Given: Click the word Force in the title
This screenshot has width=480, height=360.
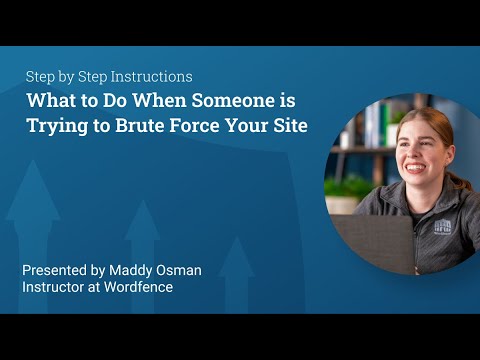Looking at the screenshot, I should coord(178,127).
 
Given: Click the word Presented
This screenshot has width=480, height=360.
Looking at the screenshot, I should coord(58,270).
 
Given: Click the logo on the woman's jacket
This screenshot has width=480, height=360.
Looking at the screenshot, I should coord(442,225).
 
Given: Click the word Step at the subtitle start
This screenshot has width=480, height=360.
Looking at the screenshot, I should coord(41,77).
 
